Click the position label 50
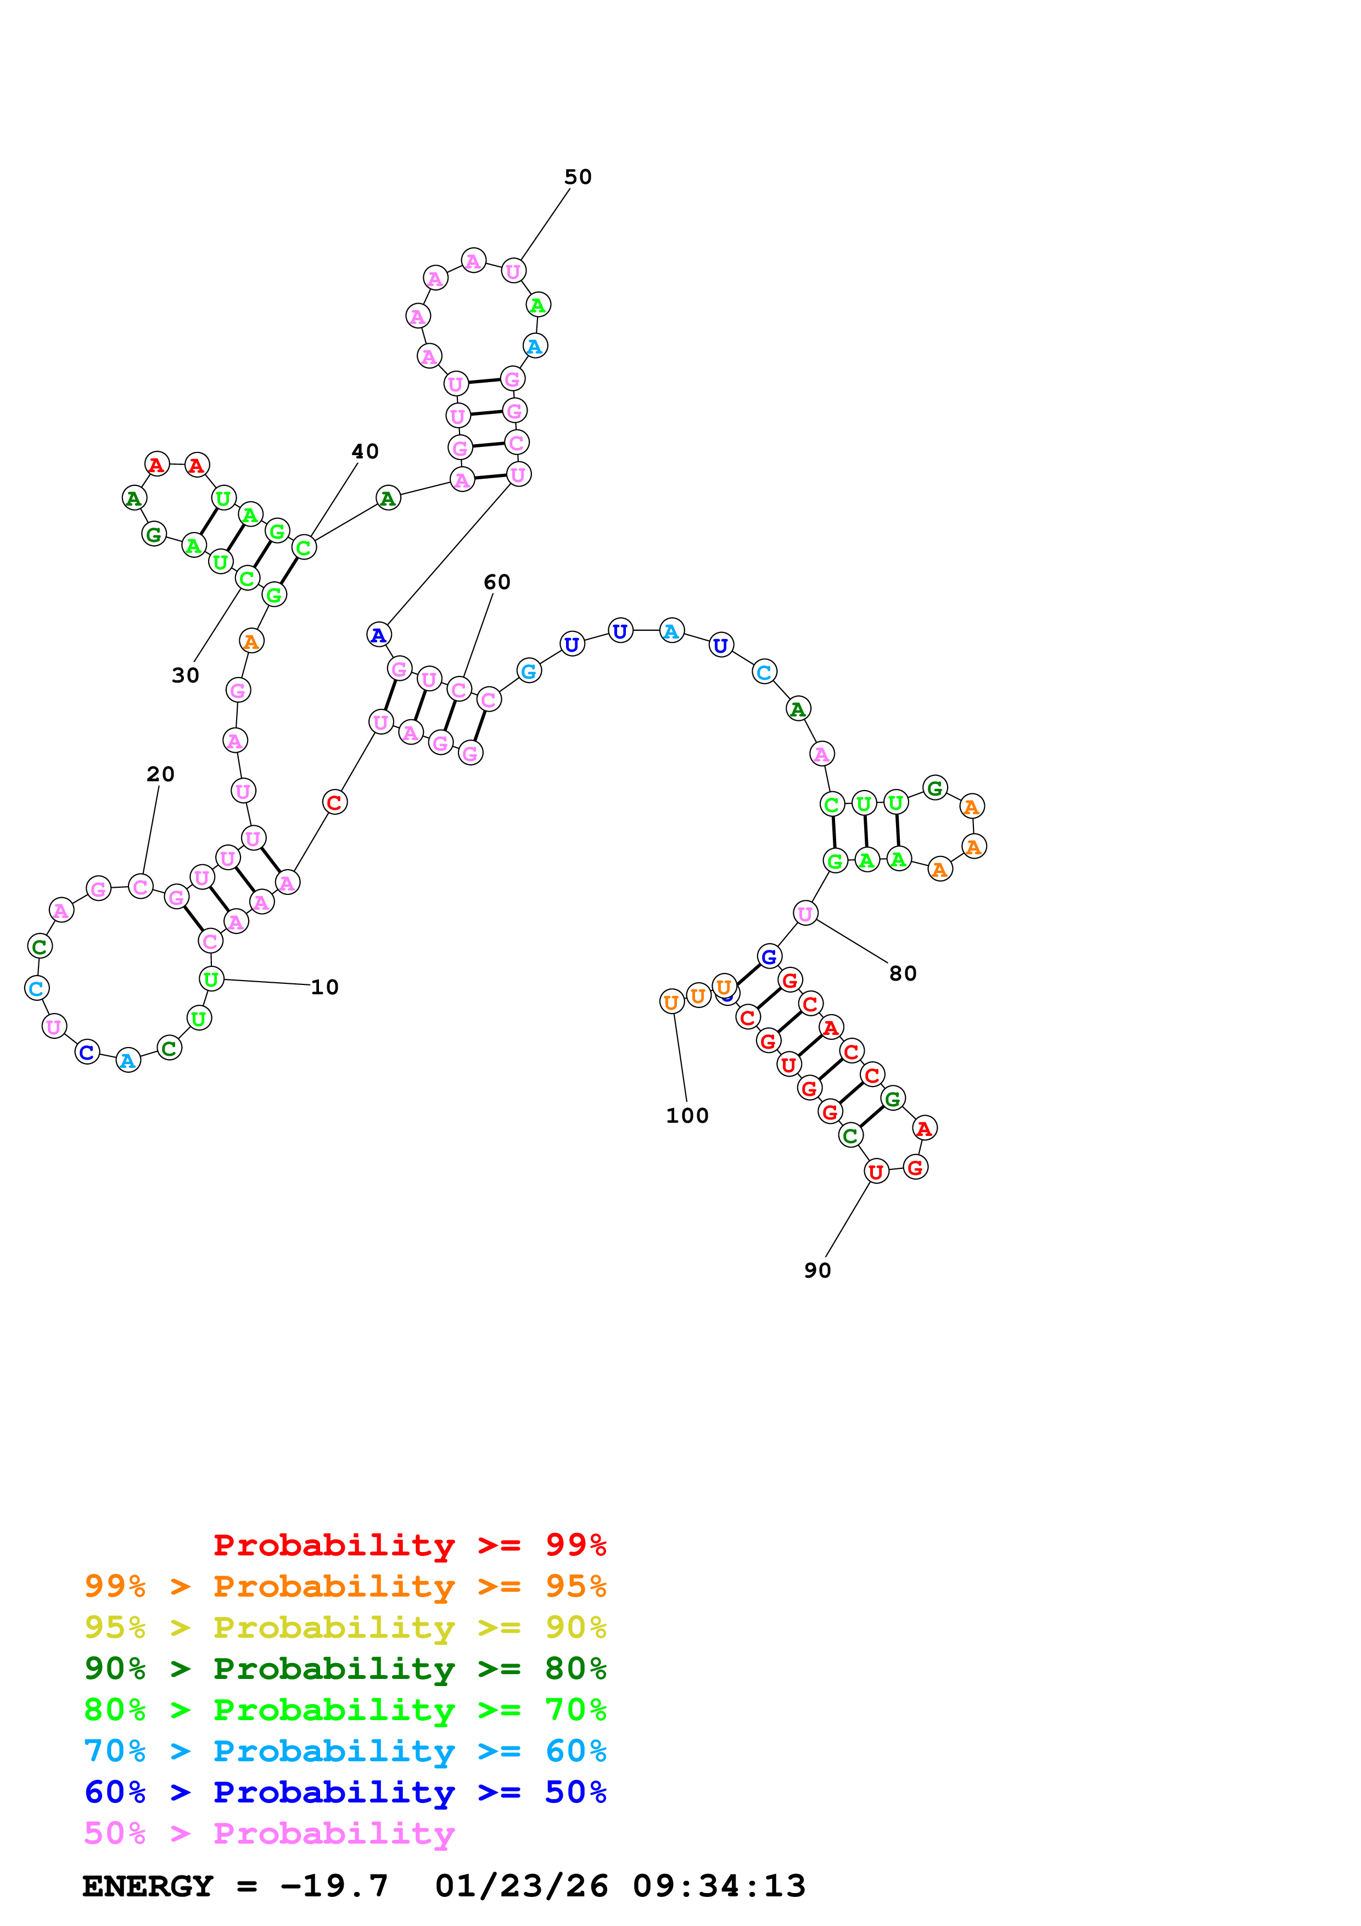click(x=578, y=177)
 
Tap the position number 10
click(x=324, y=987)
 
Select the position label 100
click(x=687, y=1116)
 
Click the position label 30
click(x=186, y=675)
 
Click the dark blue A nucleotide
click(x=379, y=635)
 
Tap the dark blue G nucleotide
click(x=769, y=956)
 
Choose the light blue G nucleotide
click(x=528, y=671)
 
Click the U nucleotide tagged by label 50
click(x=513, y=272)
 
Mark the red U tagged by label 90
click(x=876, y=1172)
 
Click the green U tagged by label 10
click(x=211, y=979)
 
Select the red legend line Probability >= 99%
click(x=409, y=1545)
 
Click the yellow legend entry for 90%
click(x=345, y=1627)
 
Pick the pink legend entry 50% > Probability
click(x=268, y=1833)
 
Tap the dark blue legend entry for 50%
click(x=345, y=1792)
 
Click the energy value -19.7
click(x=334, y=1886)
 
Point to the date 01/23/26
click(x=522, y=1886)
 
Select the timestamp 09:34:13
click(x=719, y=1886)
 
